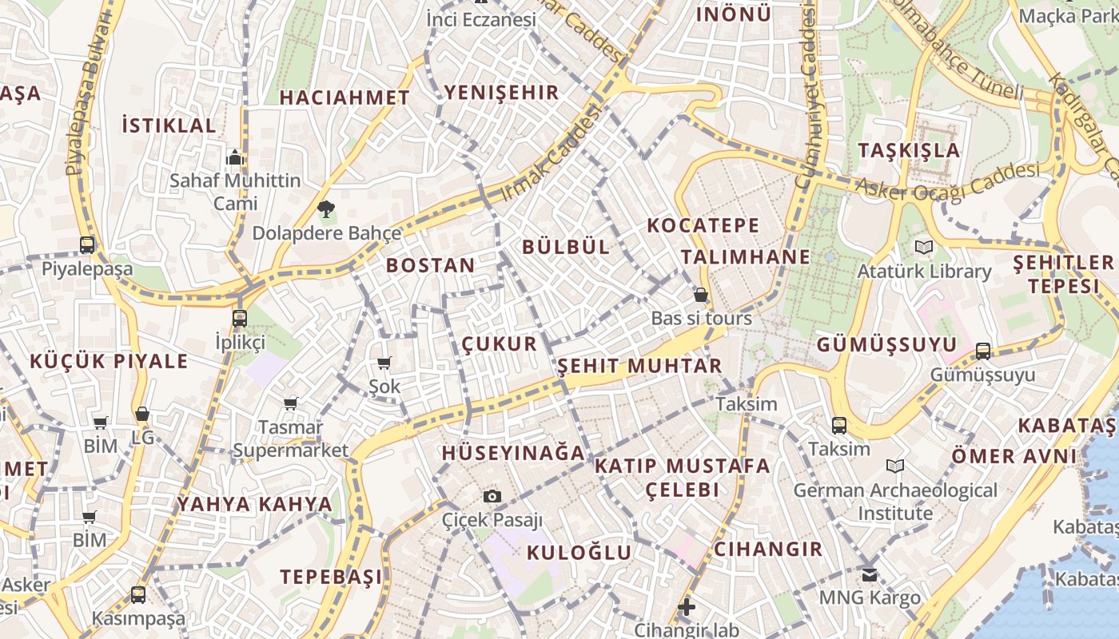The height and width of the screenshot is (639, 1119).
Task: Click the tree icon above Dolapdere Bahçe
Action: click(325, 210)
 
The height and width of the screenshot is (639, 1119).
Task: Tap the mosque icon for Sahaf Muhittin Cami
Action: click(234, 157)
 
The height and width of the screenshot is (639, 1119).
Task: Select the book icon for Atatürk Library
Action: click(924, 248)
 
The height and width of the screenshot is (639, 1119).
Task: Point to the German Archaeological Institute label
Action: click(895, 501)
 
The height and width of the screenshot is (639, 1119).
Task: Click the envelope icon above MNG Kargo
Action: click(870, 574)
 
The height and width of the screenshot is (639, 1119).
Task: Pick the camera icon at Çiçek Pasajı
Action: click(492, 496)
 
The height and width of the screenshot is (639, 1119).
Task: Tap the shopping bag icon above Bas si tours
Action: click(701, 295)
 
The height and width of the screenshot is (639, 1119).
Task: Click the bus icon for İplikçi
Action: click(239, 318)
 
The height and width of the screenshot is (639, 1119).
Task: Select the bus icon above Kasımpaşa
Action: click(138, 594)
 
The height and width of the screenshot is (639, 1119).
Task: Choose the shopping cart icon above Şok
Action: click(384, 363)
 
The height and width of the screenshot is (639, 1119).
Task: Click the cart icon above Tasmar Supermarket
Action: click(290, 404)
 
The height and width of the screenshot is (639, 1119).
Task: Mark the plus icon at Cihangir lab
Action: click(686, 607)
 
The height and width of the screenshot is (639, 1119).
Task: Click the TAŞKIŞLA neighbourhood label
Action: click(909, 150)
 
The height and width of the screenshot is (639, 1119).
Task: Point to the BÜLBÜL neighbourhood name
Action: click(566, 247)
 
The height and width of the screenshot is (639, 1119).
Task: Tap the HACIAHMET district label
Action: click(344, 97)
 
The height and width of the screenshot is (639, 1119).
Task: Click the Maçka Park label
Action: click(1066, 15)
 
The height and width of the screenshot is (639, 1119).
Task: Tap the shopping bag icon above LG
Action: click(142, 414)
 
